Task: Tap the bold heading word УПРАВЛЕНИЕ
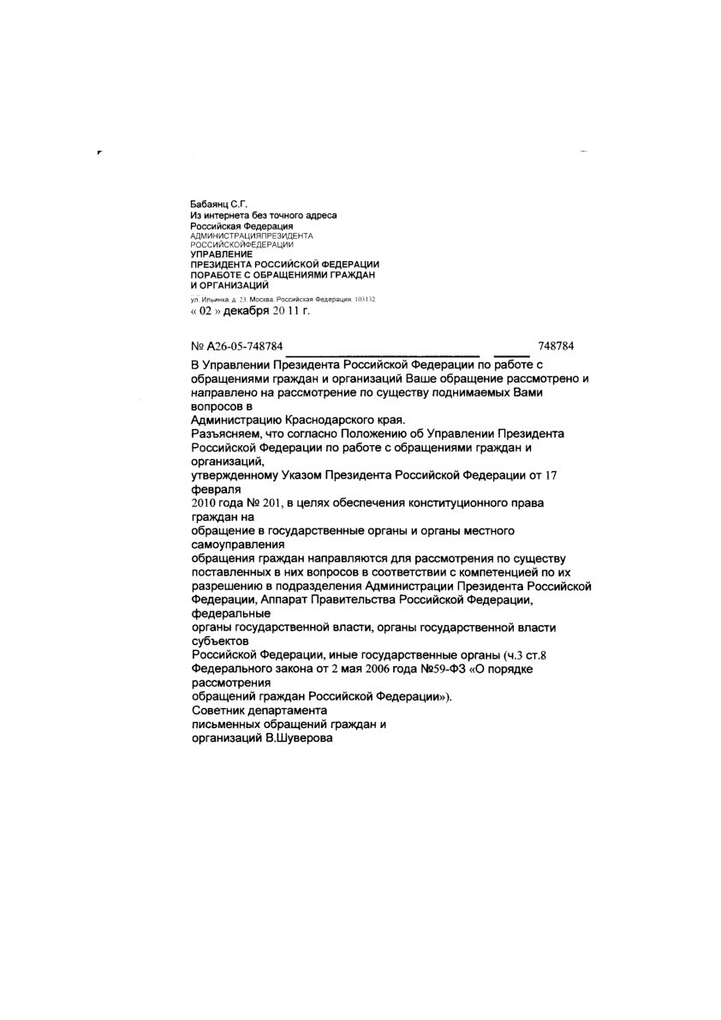[221, 254]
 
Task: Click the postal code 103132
[364, 299]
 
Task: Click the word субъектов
[219, 641]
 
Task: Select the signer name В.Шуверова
[296, 738]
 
